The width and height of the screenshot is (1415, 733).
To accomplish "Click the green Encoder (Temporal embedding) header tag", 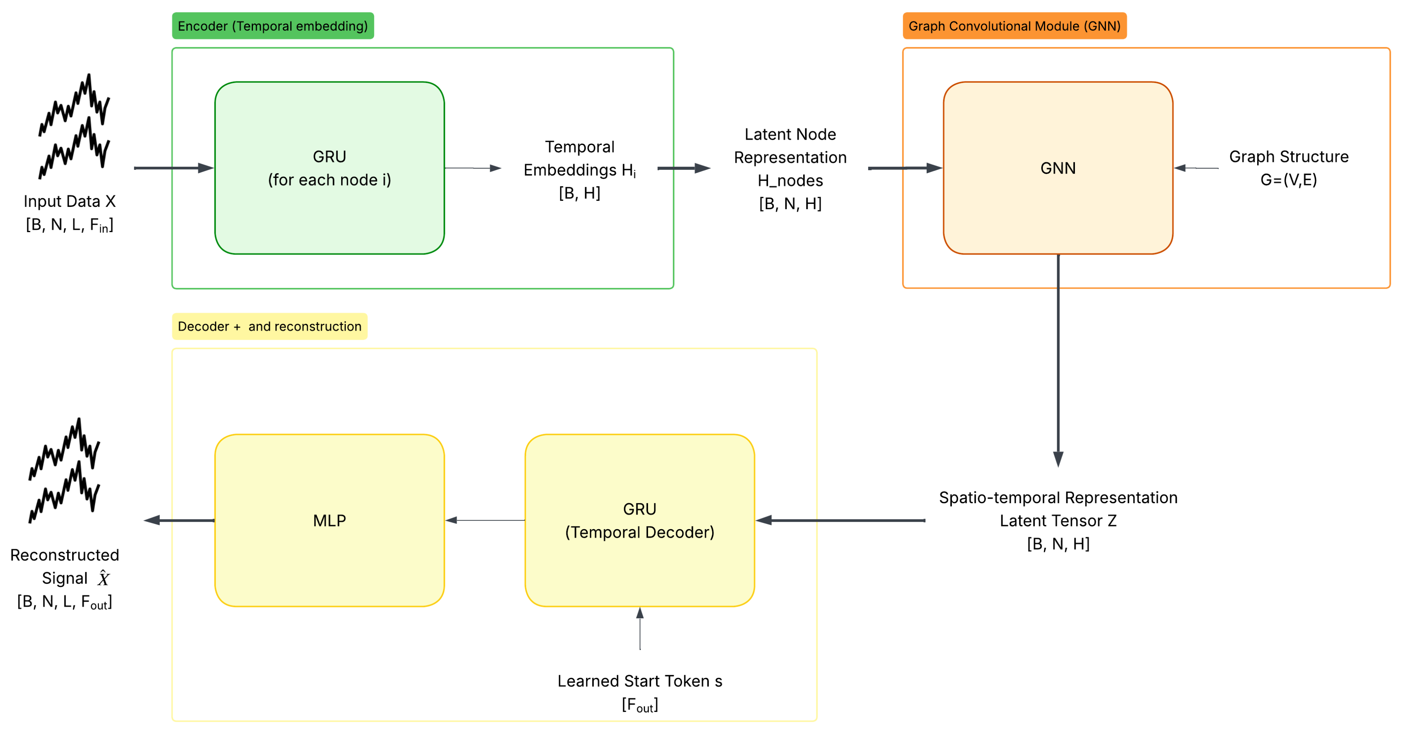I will [x=273, y=26].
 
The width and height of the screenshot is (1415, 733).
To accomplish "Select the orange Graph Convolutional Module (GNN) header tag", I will [x=1014, y=26].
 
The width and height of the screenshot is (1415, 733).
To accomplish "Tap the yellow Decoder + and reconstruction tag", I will [x=269, y=326].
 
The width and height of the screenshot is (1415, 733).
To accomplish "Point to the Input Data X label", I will [x=70, y=202].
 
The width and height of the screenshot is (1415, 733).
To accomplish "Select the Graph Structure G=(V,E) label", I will [x=1288, y=168].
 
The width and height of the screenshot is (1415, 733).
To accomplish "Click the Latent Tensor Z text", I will [x=1058, y=520].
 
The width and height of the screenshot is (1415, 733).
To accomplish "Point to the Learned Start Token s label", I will [x=639, y=681].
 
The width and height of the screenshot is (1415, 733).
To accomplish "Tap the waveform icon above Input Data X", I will [x=74, y=127].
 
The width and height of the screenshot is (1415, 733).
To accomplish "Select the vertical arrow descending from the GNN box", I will [x=1058, y=357].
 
